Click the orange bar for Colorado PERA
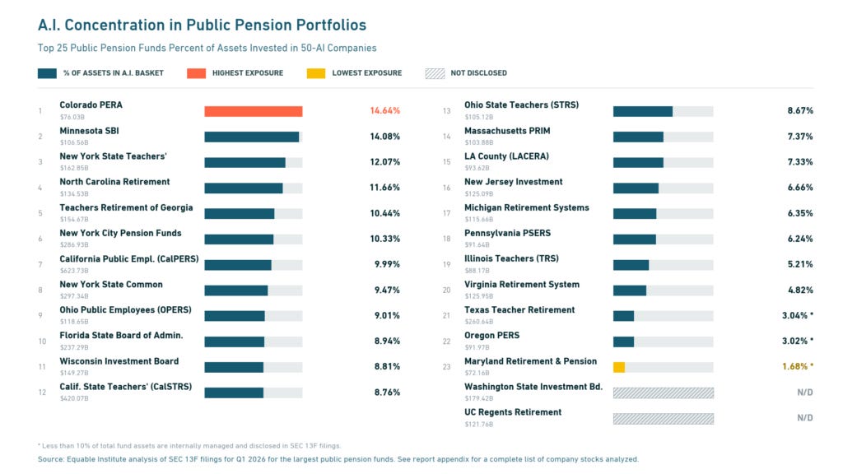(254, 111)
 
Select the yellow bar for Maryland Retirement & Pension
(619, 367)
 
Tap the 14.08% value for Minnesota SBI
(385, 137)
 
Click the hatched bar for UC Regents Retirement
(664, 419)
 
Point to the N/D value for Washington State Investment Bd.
(805, 393)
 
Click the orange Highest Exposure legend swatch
(196, 73)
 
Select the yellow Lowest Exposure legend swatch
(316, 73)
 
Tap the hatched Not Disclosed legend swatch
(435, 73)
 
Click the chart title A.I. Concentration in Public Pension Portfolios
(203, 25)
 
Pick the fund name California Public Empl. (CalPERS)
(129, 259)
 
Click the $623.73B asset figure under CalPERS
(74, 270)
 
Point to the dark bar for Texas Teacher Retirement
(624, 316)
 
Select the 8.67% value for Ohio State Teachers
(800, 111)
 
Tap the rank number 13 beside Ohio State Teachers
(447, 111)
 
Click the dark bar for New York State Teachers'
(245, 162)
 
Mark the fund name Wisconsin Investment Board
(119, 361)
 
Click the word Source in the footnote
(50, 459)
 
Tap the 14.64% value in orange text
(385, 111)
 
